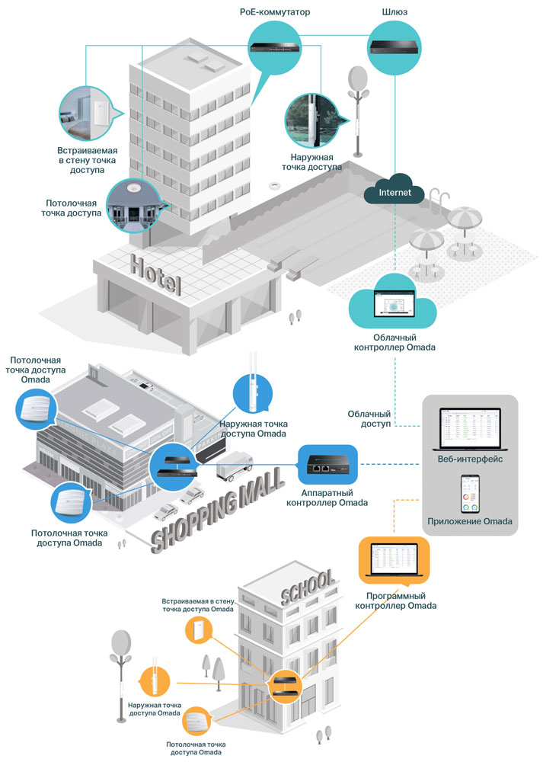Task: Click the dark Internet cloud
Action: pos(393,192)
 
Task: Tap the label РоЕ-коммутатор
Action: pos(275,12)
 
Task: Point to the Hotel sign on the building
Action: pos(155,275)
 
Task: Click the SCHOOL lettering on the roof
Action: pos(308,586)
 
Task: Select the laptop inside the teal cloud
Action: pos(393,305)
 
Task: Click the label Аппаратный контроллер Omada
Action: pos(327,498)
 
